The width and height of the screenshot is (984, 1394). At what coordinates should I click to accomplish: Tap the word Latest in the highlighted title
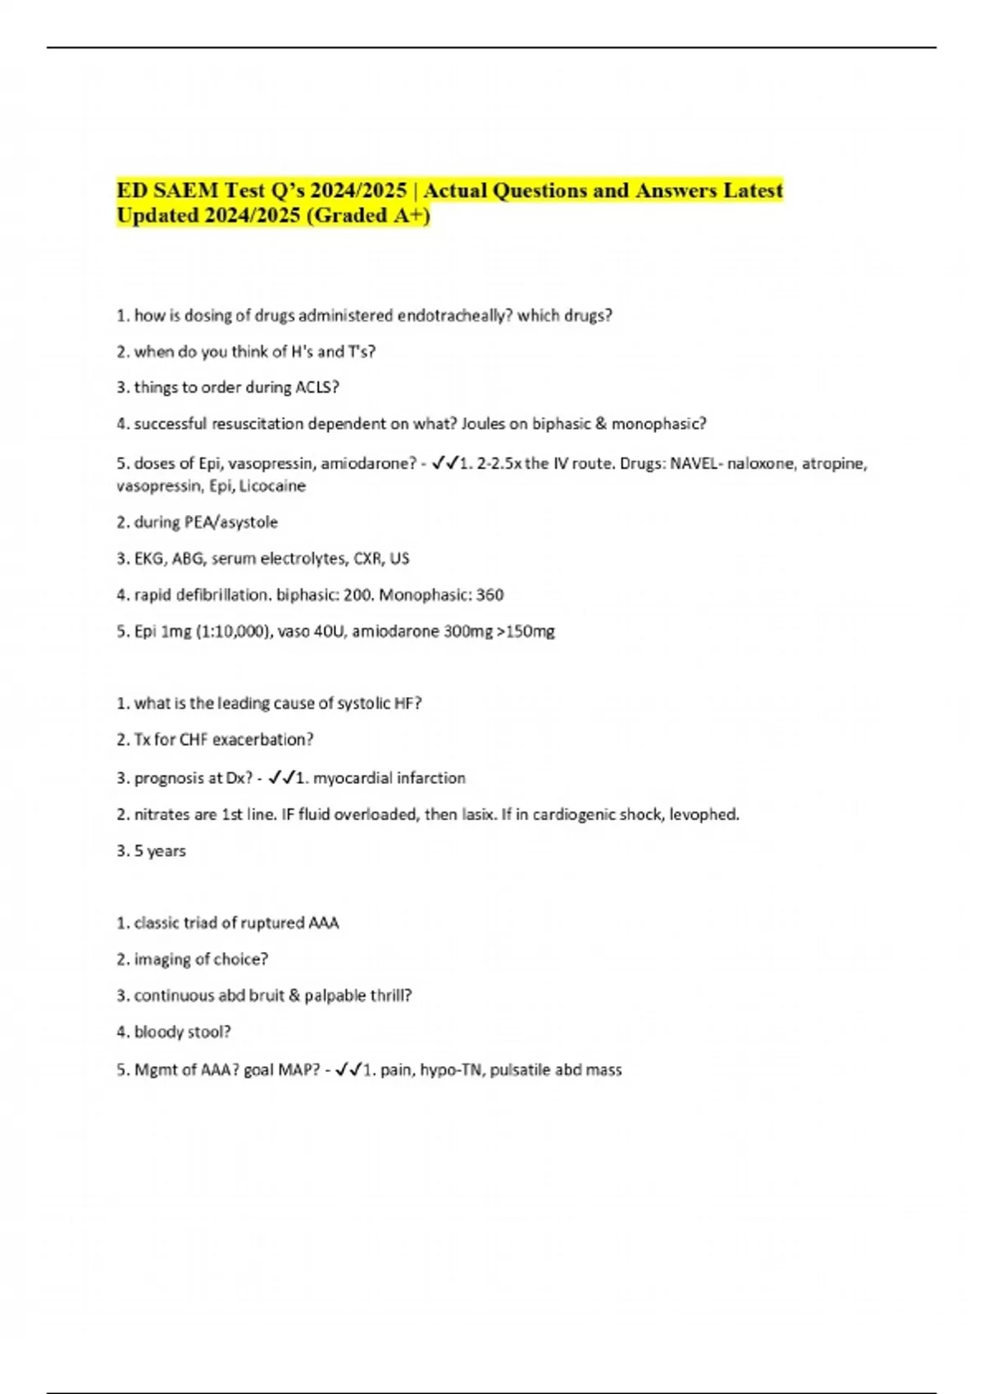[x=753, y=190]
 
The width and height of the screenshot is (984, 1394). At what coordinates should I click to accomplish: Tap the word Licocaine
[x=272, y=486]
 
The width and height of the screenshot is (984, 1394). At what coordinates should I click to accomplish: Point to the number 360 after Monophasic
[x=490, y=594]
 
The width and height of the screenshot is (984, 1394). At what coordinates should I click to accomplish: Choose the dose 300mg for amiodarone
[x=463, y=631]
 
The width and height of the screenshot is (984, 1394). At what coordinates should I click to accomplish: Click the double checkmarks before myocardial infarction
[x=280, y=777]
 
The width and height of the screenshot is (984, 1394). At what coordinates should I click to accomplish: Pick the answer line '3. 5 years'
[x=152, y=851]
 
